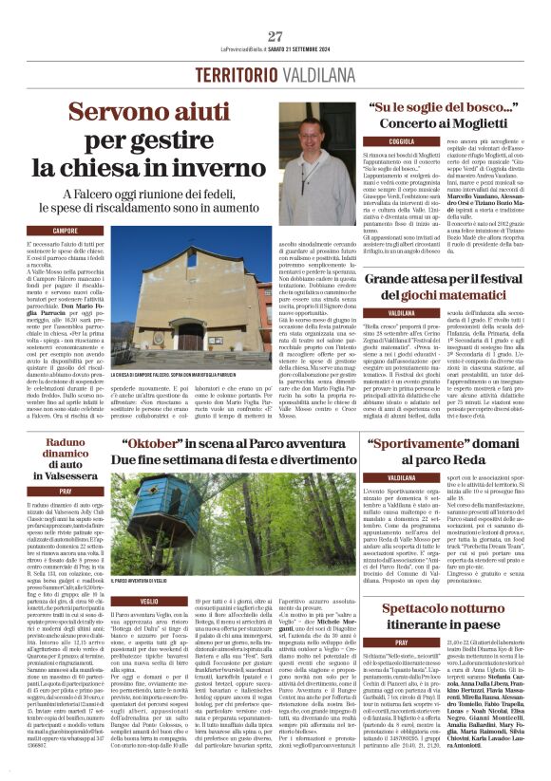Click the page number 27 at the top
pos(275,37)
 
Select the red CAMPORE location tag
pos(65,231)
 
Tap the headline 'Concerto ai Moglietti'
pos(443,123)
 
